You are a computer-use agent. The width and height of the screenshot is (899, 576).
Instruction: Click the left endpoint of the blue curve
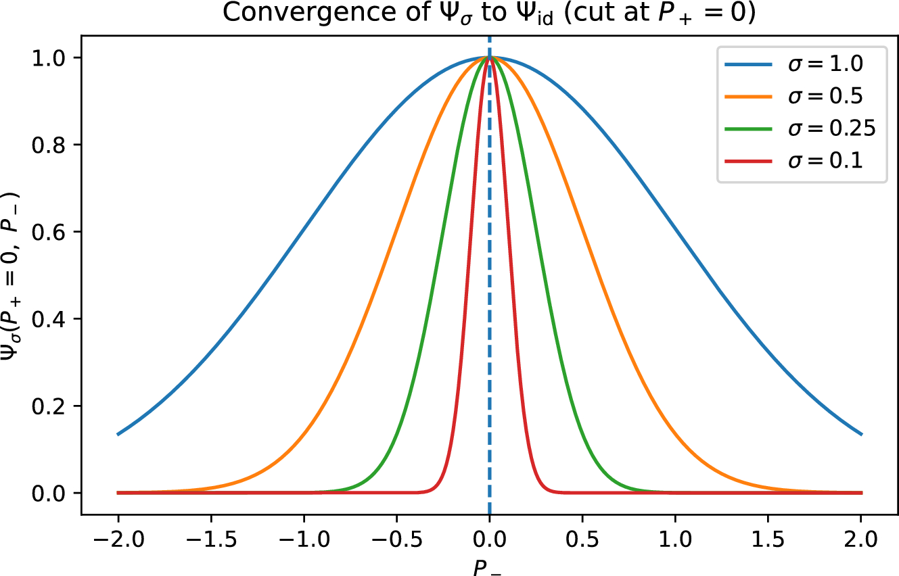tap(118, 434)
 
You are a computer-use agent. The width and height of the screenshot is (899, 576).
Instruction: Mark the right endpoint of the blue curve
tap(861, 434)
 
